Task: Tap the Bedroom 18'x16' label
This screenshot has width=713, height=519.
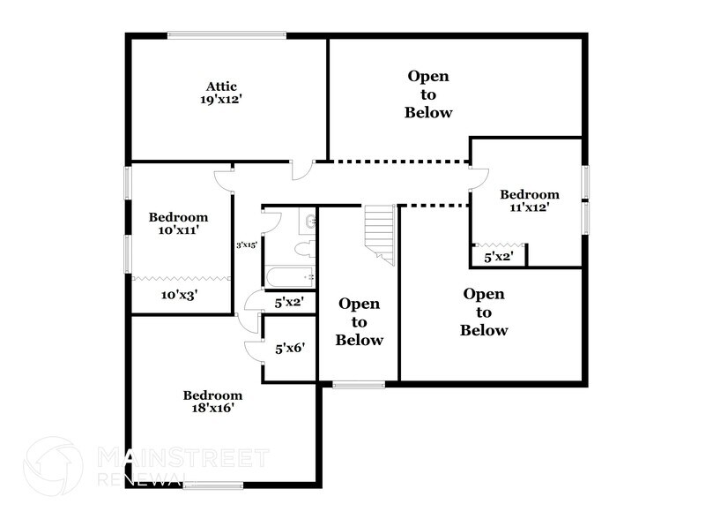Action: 212,402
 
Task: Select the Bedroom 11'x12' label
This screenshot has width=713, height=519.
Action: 529,200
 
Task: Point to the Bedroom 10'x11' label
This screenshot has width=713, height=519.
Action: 178,223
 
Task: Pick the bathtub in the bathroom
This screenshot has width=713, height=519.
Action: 289,277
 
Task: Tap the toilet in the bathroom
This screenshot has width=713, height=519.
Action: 303,248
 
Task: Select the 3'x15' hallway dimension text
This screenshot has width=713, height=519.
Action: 246,245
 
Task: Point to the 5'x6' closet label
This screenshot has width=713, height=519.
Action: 290,349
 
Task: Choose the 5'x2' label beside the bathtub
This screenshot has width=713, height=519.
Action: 289,302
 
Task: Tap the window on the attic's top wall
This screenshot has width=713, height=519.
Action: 227,35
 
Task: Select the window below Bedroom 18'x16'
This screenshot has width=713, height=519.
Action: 213,485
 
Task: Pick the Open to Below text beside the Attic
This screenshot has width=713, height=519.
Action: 428,94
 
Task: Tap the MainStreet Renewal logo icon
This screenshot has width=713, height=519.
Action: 55,467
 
